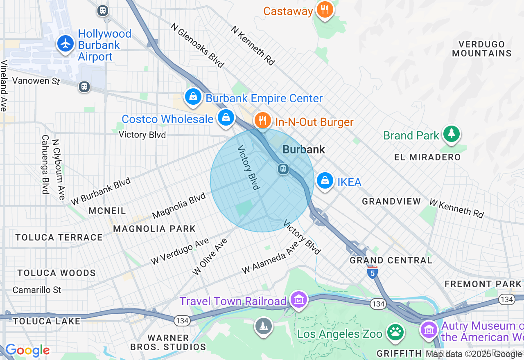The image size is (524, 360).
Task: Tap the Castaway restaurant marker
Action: [325, 10]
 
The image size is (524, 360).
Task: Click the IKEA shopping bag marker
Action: [325, 180]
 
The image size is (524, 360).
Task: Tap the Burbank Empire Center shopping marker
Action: [193, 97]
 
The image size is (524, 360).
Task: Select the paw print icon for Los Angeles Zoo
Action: [395, 332]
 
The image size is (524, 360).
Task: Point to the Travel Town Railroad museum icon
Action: [299, 300]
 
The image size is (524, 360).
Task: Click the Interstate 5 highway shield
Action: [372, 272]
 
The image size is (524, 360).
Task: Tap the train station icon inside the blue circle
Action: [283, 169]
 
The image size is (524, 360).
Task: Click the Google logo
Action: [27, 350]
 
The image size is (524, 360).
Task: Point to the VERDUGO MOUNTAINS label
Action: [482, 49]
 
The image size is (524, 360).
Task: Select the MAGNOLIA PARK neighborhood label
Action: [154, 229]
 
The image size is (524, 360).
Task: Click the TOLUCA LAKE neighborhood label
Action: [47, 321]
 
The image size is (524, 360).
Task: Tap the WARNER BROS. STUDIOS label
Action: [168, 342]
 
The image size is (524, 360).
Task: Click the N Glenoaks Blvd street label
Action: [198, 45]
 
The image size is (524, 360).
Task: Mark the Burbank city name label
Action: [304, 150]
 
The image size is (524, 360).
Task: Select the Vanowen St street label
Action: [36, 81]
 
